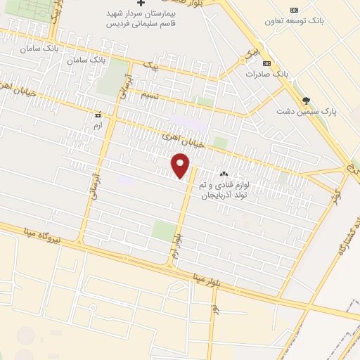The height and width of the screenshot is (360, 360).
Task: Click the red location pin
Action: pyautogui.click(x=181, y=167)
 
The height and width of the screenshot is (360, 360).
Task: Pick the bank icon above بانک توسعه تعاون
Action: pyautogui.click(x=294, y=9)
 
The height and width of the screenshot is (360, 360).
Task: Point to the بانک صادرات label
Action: pyautogui.click(x=267, y=74)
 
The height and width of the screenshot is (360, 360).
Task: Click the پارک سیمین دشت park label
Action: pyautogui.click(x=307, y=112)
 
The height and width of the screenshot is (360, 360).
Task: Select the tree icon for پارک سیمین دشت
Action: pyautogui.click(x=305, y=100)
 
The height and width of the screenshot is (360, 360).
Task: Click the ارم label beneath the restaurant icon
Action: pyautogui.click(x=98, y=124)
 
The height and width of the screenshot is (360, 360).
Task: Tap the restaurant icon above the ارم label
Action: pyautogui.click(x=98, y=114)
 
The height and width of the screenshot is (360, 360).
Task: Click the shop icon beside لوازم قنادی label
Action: pyautogui.click(x=224, y=174)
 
